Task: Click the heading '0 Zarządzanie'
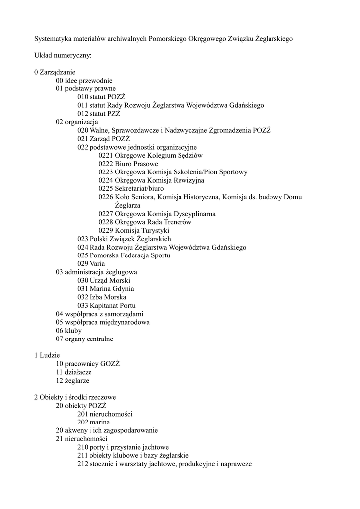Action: point(55,72)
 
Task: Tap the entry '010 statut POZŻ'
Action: point(101,97)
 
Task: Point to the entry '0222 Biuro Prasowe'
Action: point(128,164)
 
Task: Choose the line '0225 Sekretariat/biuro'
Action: point(131,189)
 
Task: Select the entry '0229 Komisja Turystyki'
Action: point(134,231)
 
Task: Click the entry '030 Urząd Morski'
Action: point(103,280)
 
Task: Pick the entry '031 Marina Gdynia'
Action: point(105,289)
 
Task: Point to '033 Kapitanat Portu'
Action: point(106,306)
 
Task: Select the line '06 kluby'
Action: point(69,331)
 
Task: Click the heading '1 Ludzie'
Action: point(47,356)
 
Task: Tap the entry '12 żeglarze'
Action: point(73,381)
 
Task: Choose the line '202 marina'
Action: point(94,423)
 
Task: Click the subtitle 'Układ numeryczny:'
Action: point(63,55)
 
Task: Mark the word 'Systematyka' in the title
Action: point(53,38)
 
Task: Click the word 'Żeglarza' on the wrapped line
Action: point(127,205)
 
